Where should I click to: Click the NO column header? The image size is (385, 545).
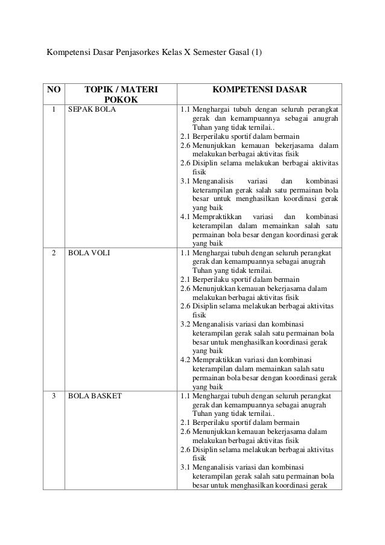[54, 91]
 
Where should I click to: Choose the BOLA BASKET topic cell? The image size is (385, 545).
[95, 397]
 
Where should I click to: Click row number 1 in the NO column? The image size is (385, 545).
[54, 110]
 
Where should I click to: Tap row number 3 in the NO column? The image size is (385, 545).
[54, 397]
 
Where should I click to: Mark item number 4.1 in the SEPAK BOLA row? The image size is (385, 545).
[185, 216]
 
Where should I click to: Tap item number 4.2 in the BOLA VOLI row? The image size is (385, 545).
[185, 360]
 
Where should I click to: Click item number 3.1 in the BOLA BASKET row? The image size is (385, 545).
[185, 466]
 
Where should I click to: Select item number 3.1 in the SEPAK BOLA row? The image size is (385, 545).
[185, 179]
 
